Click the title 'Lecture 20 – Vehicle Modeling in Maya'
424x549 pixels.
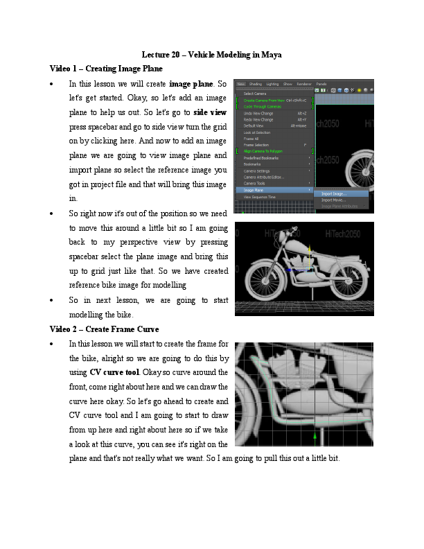(211, 55)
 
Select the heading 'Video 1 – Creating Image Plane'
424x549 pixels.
(106, 69)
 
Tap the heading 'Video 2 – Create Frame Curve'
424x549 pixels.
(105, 329)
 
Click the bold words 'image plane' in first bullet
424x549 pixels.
(191, 84)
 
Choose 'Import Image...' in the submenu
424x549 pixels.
(334, 194)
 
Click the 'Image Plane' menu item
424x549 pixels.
(254, 189)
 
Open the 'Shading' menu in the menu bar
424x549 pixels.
(256, 84)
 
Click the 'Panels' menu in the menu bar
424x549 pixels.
(321, 84)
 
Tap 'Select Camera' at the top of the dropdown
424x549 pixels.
(255, 94)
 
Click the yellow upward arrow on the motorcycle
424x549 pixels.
(309, 255)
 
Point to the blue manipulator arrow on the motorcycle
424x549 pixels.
(298, 268)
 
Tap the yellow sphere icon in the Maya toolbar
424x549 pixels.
(360, 90)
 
